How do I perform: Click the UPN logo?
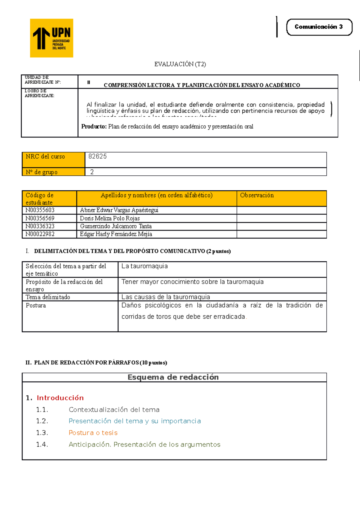(x=52, y=38)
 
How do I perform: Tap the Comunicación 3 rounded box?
(x=319, y=27)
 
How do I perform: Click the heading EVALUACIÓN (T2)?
(x=180, y=64)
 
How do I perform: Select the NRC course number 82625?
(x=97, y=156)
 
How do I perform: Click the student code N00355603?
(x=40, y=210)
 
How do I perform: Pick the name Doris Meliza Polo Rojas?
(x=110, y=218)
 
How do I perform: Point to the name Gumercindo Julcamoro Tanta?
(x=116, y=226)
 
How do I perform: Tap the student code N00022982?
(x=40, y=234)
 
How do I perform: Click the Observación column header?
(x=257, y=195)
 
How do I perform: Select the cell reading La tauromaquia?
(x=145, y=266)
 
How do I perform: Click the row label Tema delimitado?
(x=48, y=297)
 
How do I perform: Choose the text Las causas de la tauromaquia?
(x=166, y=297)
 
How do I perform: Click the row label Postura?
(x=36, y=305)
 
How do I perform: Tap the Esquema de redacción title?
(x=173, y=377)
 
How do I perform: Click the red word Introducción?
(x=60, y=398)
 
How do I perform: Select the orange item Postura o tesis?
(x=93, y=433)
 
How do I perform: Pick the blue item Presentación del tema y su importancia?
(x=135, y=421)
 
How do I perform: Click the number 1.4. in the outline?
(x=42, y=445)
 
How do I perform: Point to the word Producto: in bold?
(x=94, y=127)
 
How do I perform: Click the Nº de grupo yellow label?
(x=42, y=172)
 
